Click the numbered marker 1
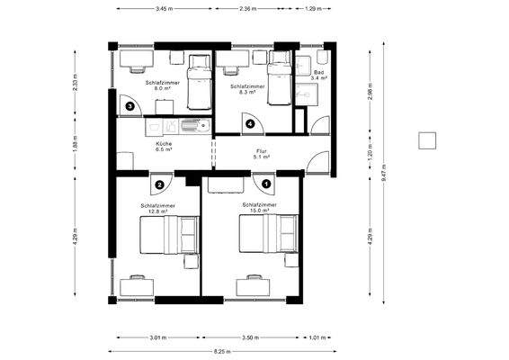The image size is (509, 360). tap(267, 184)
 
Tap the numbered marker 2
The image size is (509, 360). tap(159, 184)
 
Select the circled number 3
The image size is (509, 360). tap(130, 106)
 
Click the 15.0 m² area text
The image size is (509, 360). tap(258, 211)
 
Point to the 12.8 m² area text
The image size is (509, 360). tap(157, 211)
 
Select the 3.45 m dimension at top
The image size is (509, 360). tap(164, 8)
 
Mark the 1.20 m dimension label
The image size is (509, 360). tap(371, 154)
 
